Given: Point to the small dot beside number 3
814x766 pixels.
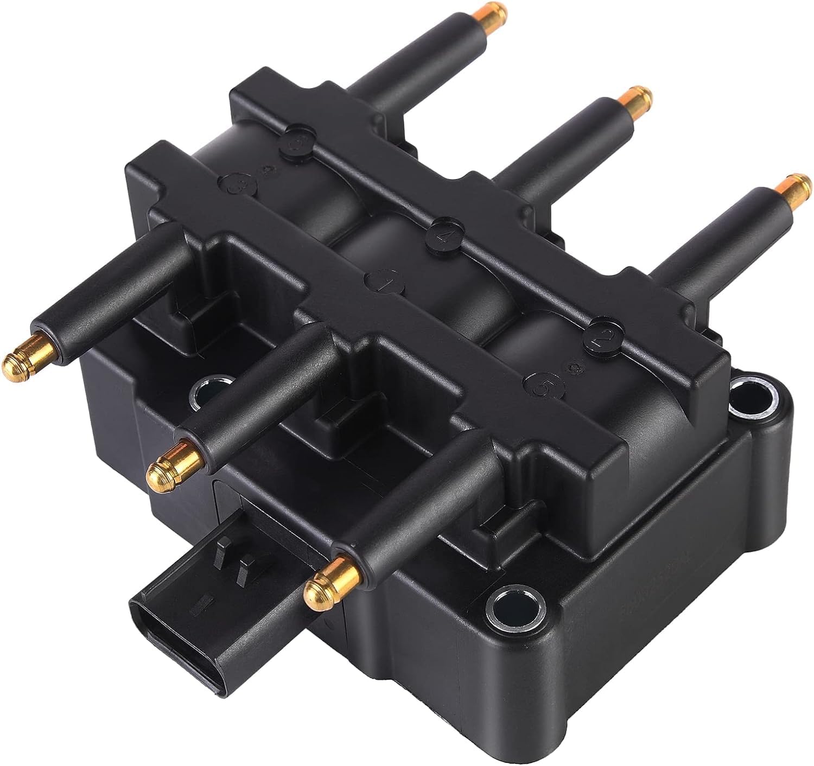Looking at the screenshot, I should (x=266, y=171).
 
